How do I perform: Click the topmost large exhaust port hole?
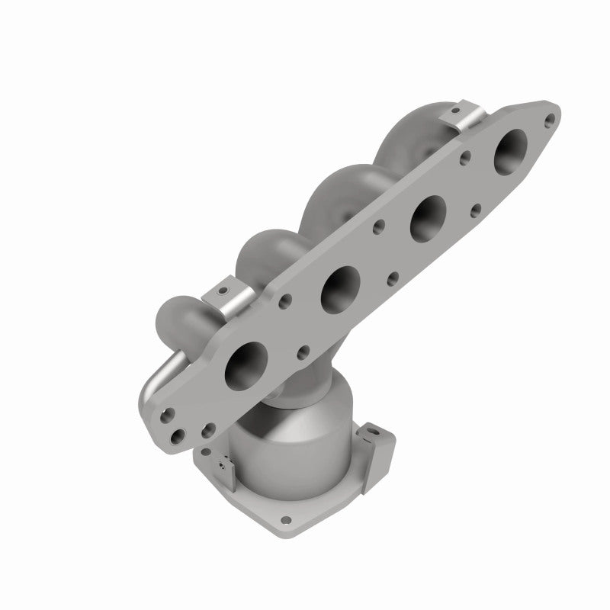510,149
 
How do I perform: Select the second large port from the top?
429,217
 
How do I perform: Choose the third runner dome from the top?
259,252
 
